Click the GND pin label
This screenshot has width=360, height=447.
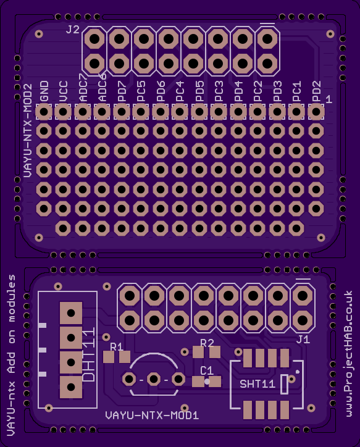coord(44,91)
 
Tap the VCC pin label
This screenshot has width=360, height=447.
coord(63,91)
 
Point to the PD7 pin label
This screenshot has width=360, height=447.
coord(122,91)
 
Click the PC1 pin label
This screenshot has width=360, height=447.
coord(297,91)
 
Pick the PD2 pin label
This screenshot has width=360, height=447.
coord(316,91)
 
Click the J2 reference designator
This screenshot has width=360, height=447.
coord(73,30)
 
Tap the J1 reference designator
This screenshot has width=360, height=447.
coord(303,339)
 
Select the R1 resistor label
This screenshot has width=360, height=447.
coord(117,346)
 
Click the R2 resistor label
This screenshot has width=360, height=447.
coord(207,343)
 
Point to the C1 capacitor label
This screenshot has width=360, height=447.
coord(207,370)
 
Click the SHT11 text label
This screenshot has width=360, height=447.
coord(257,384)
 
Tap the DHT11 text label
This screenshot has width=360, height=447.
coord(88,354)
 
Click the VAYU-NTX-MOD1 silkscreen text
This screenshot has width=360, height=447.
coord(152,416)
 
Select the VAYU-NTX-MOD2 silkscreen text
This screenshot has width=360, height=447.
coord(27,130)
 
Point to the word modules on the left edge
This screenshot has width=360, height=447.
coord(11,298)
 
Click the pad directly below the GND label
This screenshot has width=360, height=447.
coord(44,112)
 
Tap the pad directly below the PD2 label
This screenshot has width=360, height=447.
coord(316,112)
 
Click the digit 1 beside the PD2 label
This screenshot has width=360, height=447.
coord(329,99)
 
